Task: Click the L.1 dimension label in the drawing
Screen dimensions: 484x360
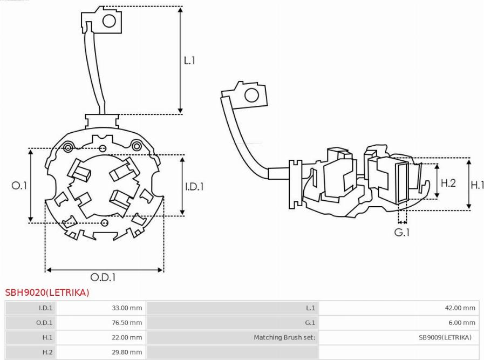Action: pos(189,60)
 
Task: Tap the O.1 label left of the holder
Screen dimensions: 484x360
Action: pos(19,185)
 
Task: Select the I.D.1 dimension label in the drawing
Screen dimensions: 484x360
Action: pos(194,187)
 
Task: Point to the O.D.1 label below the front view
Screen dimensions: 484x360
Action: pos(103,277)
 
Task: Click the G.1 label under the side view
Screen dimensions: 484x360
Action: pos(402,232)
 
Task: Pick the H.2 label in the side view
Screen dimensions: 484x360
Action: pos(448,183)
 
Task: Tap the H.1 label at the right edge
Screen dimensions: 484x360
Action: pos(477,185)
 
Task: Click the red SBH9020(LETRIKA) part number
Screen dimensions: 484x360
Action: pos(47,293)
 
